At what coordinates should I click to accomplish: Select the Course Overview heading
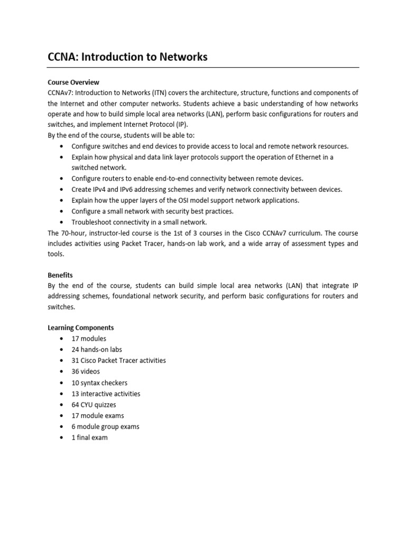tap(73, 82)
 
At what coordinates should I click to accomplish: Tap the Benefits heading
tap(60, 275)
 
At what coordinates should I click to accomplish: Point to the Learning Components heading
tap(81, 328)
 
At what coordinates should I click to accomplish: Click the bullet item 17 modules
tap(89, 339)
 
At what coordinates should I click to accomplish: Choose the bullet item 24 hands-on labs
tap(97, 350)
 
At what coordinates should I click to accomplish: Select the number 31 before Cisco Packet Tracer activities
tap(75, 360)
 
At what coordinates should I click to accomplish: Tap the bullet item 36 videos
tap(86, 371)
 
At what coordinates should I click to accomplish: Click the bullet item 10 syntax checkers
tap(99, 383)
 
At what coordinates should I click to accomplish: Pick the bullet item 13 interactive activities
tap(106, 394)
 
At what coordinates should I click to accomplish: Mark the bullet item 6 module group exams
tap(106, 426)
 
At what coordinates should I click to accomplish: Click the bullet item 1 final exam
tap(90, 437)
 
